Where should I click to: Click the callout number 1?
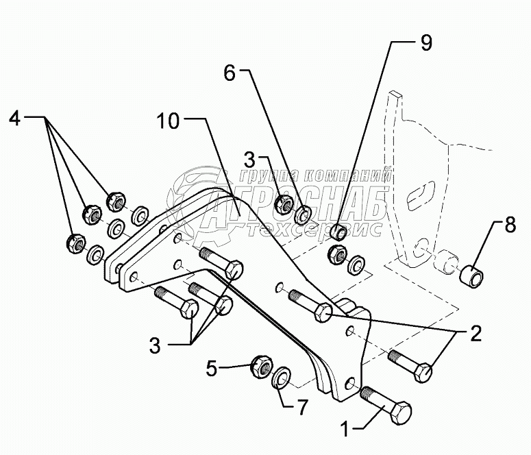347,430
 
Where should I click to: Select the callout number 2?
473,336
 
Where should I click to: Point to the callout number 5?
212,368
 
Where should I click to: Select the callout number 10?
168,122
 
